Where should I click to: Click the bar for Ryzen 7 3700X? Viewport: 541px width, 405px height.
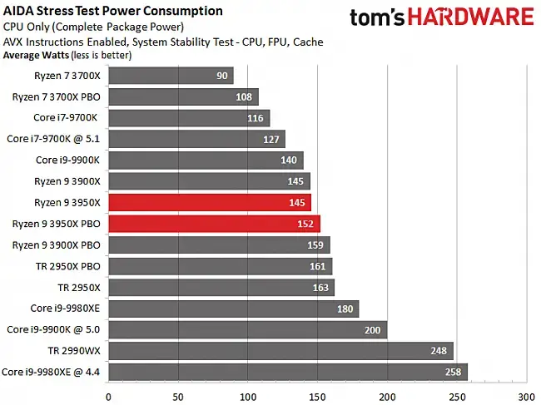coord(171,77)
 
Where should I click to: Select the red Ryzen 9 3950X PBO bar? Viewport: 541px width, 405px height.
coord(214,224)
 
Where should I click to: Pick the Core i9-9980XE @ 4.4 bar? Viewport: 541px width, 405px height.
coord(287,372)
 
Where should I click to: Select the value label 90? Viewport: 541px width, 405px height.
coord(222,77)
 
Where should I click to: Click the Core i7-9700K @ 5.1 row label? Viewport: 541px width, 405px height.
coord(52,138)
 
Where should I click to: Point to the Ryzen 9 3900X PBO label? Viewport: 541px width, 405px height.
coord(56,244)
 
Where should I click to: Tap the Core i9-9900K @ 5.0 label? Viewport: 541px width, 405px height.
coord(52,329)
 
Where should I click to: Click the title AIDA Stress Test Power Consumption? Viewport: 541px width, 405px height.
coord(113,11)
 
